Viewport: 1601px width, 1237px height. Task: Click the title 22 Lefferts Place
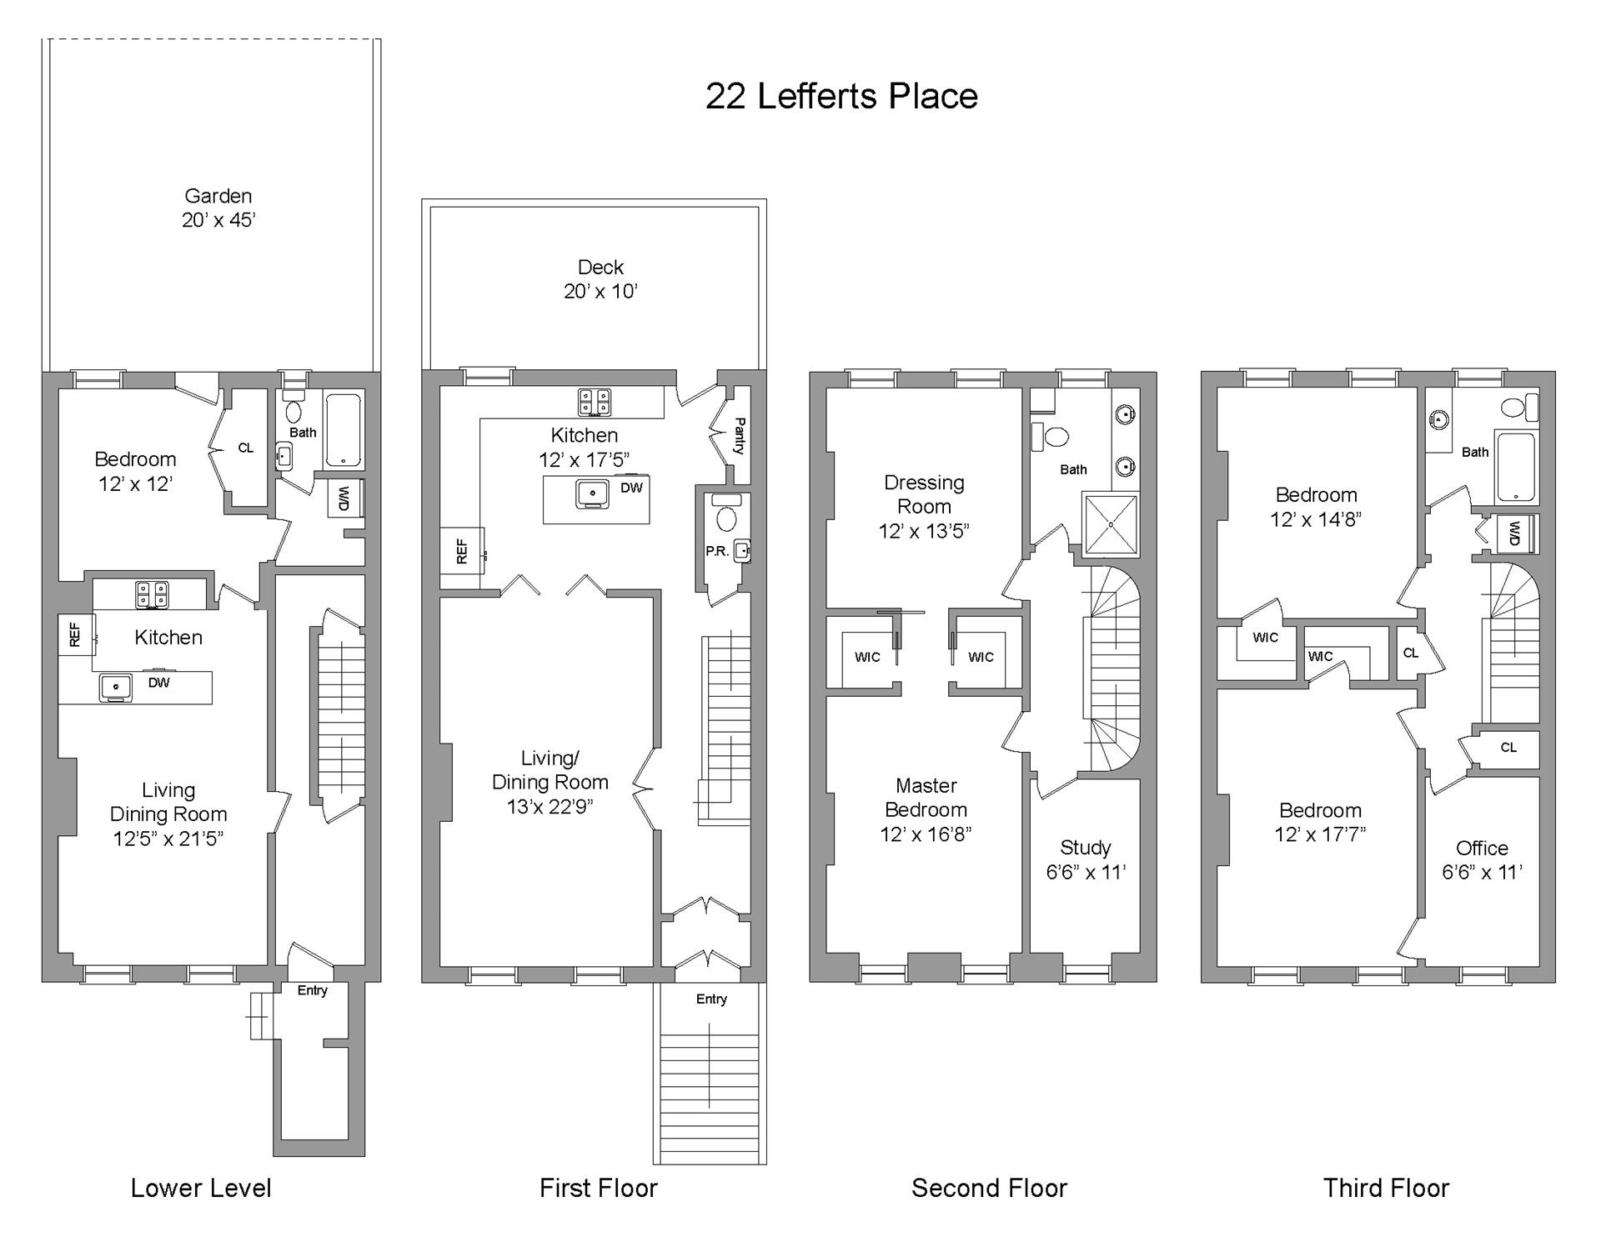pyautogui.click(x=841, y=96)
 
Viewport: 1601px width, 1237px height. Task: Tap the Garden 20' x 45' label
pyautogui.click(x=218, y=208)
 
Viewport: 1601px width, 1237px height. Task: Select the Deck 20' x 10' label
pyautogui.click(x=600, y=279)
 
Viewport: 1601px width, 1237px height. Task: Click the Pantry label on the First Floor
pyautogui.click(x=739, y=436)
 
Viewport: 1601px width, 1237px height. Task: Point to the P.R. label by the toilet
pyautogui.click(x=717, y=551)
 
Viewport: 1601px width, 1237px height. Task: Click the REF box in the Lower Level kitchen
pyautogui.click(x=75, y=635)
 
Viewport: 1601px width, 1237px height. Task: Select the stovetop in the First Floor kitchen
pyautogui.click(x=594, y=402)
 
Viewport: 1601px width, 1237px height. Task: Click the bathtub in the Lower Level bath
pyautogui.click(x=344, y=430)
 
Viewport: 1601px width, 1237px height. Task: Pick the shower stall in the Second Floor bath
pyautogui.click(x=1110, y=524)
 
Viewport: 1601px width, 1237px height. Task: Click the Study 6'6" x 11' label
pyautogui.click(x=1086, y=859)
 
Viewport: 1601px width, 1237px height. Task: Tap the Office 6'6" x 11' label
pyautogui.click(x=1482, y=859)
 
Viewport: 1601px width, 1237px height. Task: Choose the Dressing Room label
pyautogui.click(x=924, y=506)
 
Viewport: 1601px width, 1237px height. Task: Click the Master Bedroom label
pyautogui.click(x=926, y=809)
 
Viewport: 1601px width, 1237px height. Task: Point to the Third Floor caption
pyautogui.click(x=1386, y=1188)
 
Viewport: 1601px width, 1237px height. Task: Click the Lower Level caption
pyautogui.click(x=201, y=1188)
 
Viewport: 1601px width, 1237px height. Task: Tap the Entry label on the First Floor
pyautogui.click(x=711, y=999)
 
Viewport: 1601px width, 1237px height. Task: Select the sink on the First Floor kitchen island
pyautogui.click(x=593, y=493)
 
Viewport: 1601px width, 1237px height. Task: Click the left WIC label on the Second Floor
pyautogui.click(x=867, y=657)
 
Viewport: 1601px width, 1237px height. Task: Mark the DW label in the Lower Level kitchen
pyautogui.click(x=158, y=683)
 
